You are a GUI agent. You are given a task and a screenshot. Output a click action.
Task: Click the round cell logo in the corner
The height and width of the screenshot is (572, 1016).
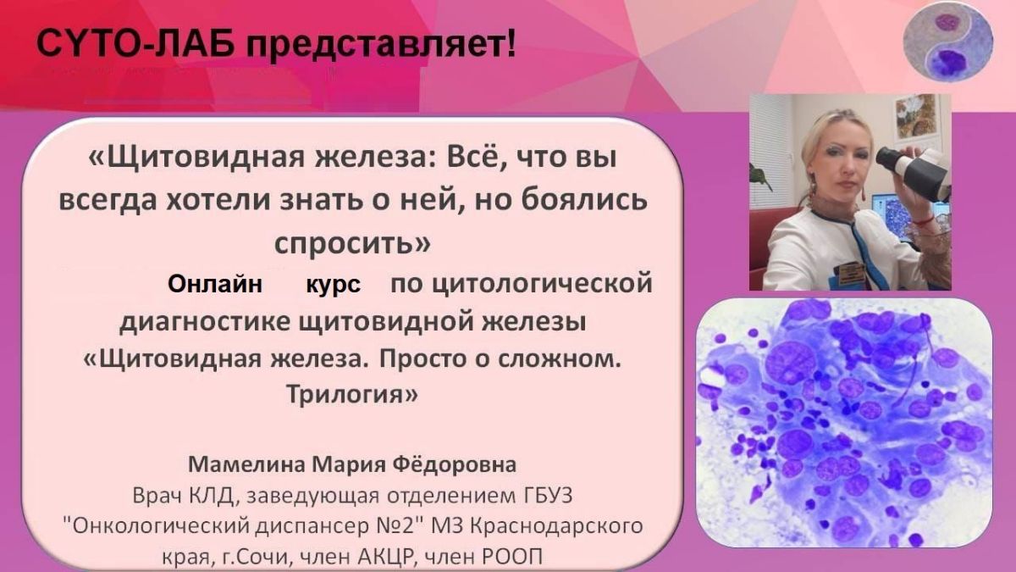[x=948, y=42]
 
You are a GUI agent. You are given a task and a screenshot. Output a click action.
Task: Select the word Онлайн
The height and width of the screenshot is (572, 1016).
[x=215, y=285]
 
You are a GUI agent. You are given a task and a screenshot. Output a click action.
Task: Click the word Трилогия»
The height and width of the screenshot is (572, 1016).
[x=352, y=394]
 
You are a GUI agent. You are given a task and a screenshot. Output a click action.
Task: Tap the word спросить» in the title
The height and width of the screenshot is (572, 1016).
[x=352, y=244]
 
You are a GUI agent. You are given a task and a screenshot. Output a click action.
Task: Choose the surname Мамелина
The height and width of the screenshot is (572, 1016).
[x=246, y=464]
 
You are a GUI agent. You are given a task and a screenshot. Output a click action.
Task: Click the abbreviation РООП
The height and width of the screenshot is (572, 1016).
[x=513, y=556]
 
